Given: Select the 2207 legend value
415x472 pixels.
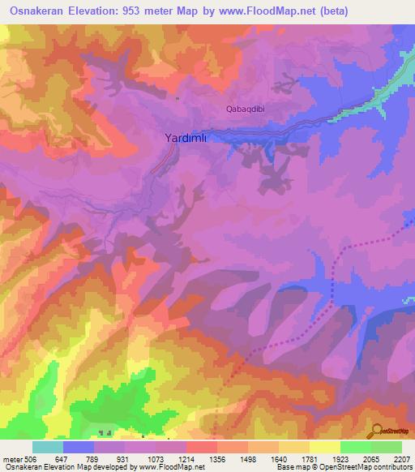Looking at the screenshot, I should [402, 458].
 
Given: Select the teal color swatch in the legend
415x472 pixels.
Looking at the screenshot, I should [48, 447].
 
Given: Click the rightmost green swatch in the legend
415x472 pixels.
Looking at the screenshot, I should [387, 447].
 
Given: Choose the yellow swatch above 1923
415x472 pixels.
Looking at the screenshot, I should [325, 447].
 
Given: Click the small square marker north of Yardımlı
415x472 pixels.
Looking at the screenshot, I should [178, 99].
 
